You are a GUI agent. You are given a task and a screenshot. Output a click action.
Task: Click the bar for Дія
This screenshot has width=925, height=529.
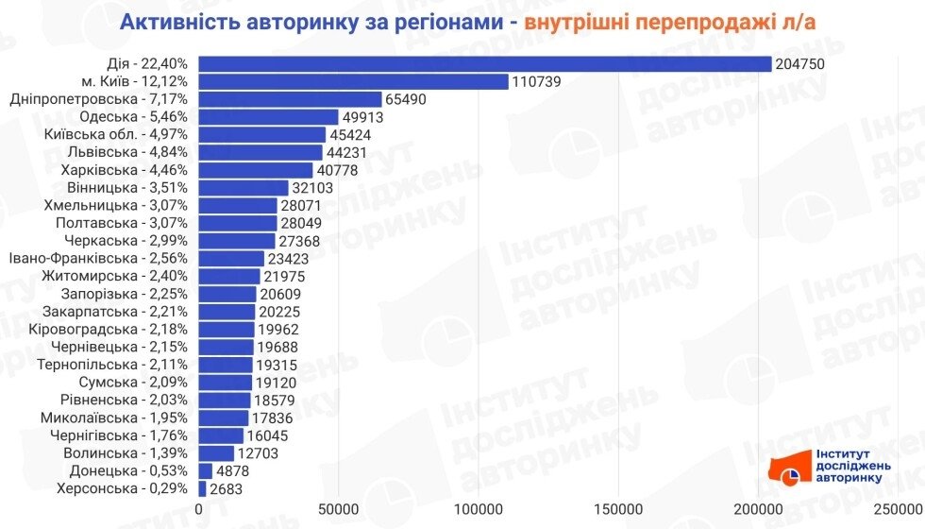[485, 63]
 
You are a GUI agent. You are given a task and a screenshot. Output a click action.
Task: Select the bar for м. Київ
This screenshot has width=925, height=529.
[354, 81]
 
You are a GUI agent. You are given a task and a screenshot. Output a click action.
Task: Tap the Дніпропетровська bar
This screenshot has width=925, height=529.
[290, 99]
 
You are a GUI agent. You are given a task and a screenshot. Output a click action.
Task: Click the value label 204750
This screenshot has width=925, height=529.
[799, 63]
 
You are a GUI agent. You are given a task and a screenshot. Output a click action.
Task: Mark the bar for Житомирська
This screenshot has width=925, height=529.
[229, 276]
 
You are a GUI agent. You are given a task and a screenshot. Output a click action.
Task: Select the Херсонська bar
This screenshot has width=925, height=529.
[202, 488]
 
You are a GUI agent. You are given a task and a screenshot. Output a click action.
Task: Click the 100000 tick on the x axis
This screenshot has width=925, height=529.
[479, 510]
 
